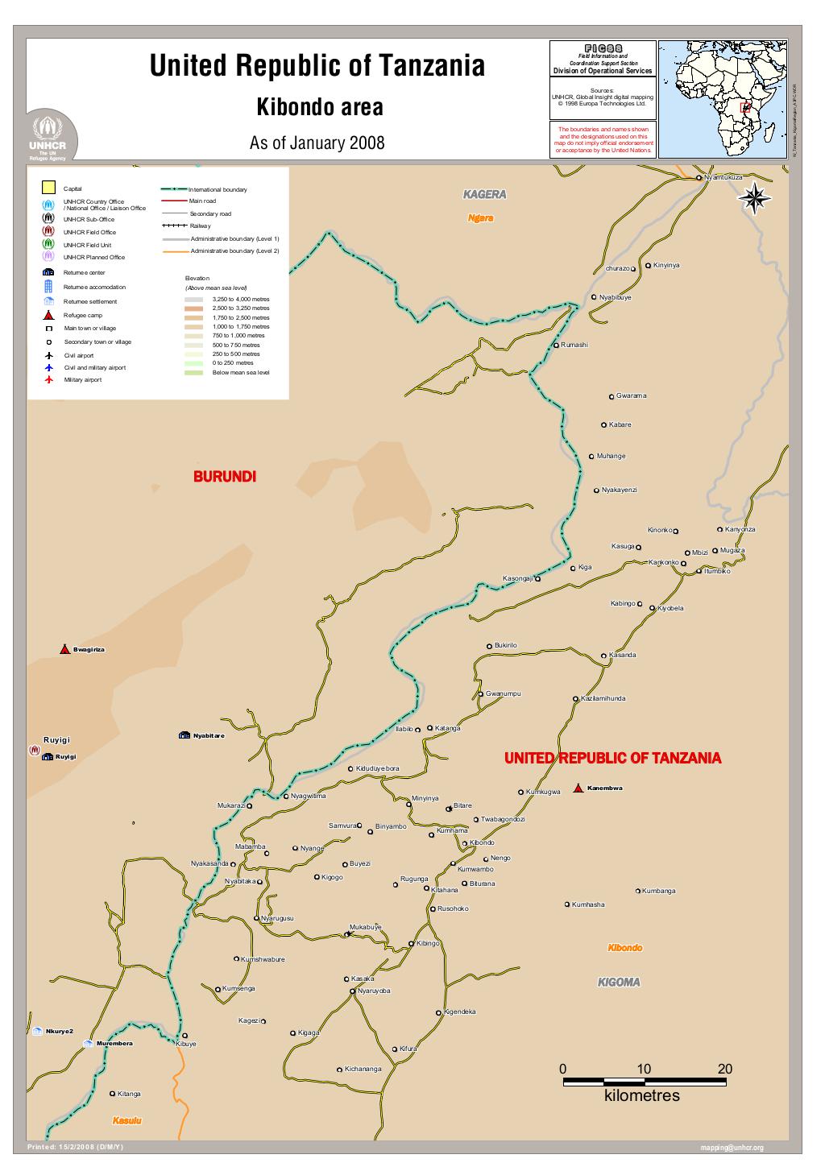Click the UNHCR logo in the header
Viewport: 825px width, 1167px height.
pos(52,139)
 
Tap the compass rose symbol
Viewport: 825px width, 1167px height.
pos(755,199)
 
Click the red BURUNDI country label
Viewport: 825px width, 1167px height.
pos(224,477)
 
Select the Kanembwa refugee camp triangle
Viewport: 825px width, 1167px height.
pos(578,787)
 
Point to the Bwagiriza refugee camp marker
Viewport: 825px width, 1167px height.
pos(64,649)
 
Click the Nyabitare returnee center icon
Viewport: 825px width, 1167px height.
pos(184,735)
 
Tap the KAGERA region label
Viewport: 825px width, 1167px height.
pos(484,195)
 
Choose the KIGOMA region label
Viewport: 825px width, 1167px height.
pos(618,982)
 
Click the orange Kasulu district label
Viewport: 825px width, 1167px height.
pos(126,1120)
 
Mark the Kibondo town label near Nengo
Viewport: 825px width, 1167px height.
pos(482,842)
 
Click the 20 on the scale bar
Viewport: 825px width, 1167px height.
pos(725,1069)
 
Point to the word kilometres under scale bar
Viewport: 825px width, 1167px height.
pos(641,1096)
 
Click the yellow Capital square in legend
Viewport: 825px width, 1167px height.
pos(48,188)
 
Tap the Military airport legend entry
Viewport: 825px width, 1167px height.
pos(82,379)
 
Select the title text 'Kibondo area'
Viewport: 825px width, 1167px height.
pos(319,107)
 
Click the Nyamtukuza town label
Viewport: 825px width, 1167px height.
pos(723,176)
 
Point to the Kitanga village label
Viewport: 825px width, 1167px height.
pos(129,1094)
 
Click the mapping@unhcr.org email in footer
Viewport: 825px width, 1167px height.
pos(732,1148)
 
